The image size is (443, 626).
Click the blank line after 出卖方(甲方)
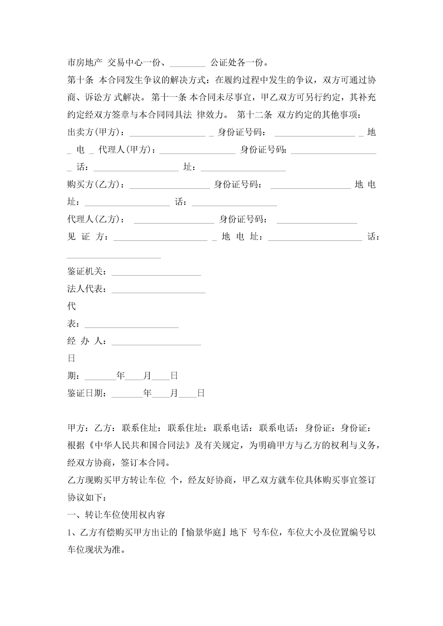tap(167, 133)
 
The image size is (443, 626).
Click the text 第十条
tap(80, 80)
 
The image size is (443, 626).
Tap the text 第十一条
tap(169, 97)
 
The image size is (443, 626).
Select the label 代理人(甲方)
tap(127, 150)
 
